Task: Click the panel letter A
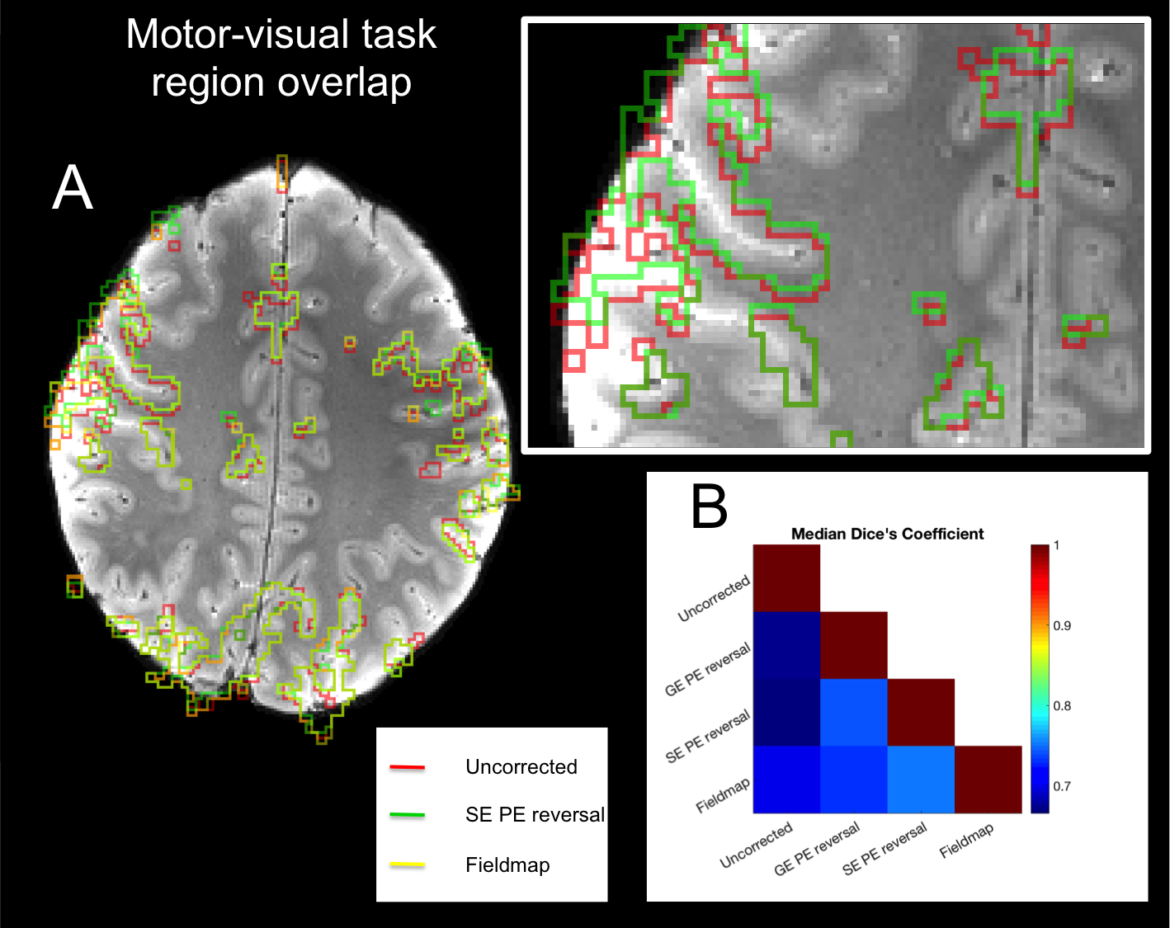(x=73, y=189)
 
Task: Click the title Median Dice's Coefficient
(x=887, y=534)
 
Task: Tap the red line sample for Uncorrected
(x=407, y=767)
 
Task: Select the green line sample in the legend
(x=407, y=815)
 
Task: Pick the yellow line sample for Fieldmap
(x=407, y=864)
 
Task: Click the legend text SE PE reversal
(x=535, y=815)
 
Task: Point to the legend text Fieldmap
(x=507, y=864)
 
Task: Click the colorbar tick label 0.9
(x=1062, y=625)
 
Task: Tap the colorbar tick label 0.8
(x=1062, y=705)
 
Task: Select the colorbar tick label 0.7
(x=1062, y=785)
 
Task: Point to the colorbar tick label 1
(x=1057, y=545)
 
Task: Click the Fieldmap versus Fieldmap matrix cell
(x=988, y=780)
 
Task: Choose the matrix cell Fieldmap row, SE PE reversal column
(x=921, y=780)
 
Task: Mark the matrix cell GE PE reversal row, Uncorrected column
(x=786, y=645)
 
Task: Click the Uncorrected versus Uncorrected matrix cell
(x=786, y=577)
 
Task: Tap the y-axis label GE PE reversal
(x=708, y=669)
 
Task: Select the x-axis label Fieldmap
(x=966, y=841)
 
